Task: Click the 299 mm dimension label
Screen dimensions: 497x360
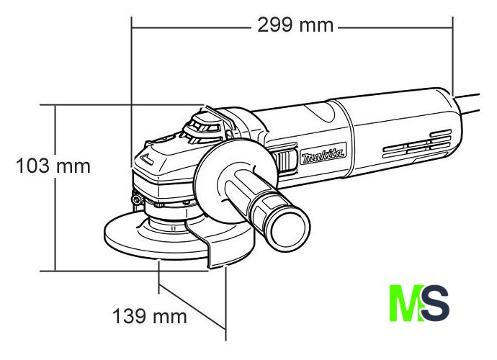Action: pyautogui.click(x=295, y=25)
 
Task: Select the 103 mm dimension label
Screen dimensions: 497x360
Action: pyautogui.click(x=53, y=166)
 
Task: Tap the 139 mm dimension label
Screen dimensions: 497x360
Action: pyautogui.click(x=150, y=316)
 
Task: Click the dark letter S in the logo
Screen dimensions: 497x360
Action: pyautogui.click(x=435, y=302)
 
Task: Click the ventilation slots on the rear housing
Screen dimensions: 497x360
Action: pyautogui.click(x=417, y=144)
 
